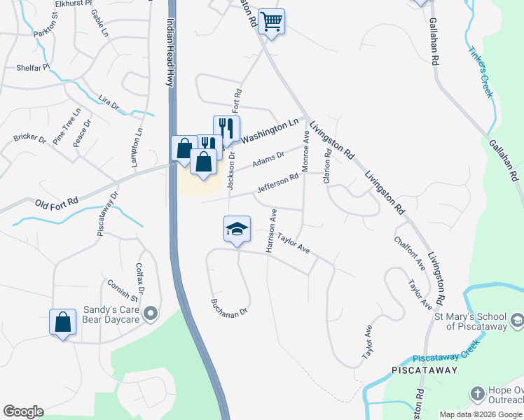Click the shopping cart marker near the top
point(271,21)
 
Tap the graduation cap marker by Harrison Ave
point(237,229)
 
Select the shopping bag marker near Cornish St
point(62,322)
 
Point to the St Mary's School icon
point(516,321)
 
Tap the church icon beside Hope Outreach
point(477,393)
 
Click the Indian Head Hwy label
point(170,53)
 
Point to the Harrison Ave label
point(270,230)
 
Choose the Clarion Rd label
point(327,167)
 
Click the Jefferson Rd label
point(278,183)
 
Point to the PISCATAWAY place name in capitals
point(425,370)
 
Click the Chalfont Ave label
point(410,254)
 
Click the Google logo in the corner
point(23,412)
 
